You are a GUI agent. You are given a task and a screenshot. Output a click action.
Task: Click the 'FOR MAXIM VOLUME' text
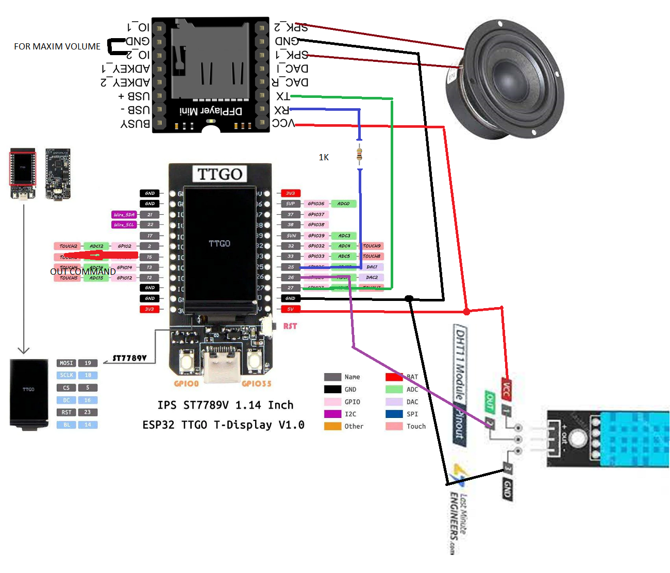pos(57,46)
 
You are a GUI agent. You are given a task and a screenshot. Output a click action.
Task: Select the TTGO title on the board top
pos(220,174)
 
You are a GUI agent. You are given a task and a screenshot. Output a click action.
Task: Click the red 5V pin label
pos(290,309)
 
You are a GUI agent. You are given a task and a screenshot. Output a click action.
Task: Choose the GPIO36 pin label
pos(316,204)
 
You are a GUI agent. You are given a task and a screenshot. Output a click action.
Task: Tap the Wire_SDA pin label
pos(124,214)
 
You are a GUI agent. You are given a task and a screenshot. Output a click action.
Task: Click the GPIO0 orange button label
pos(186,383)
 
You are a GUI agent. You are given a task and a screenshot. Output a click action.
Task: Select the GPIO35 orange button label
pos(256,383)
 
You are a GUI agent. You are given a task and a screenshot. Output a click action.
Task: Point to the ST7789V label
pos(129,358)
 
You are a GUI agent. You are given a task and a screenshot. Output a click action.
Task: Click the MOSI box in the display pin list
pos(66,363)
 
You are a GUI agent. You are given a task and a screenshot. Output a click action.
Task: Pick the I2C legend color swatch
pos(332,414)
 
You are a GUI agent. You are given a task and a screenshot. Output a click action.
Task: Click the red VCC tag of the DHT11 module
pos(506,390)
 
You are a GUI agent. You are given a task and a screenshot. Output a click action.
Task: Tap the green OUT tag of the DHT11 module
pos(490,401)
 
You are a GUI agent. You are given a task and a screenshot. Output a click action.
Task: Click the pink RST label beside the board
pos(290,326)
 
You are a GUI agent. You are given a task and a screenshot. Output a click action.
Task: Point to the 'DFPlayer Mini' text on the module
pos(211,111)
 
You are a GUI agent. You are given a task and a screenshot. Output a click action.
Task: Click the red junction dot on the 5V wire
pos(466,312)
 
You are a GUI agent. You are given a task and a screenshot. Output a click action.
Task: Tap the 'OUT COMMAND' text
pos(83,272)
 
